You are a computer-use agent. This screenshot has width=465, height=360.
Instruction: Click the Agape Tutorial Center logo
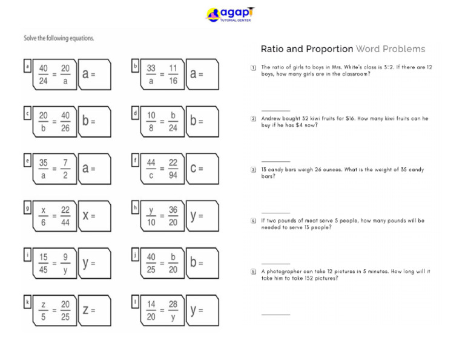230,15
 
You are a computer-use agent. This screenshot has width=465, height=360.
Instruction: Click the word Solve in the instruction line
32,38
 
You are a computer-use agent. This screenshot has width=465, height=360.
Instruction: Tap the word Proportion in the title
329,49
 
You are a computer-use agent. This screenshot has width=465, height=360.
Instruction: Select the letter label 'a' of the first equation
27,65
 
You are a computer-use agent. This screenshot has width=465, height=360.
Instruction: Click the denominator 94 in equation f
173,176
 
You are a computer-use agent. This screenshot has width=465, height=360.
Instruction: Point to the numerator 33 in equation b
151,68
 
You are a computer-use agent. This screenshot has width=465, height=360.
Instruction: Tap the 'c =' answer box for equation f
203,168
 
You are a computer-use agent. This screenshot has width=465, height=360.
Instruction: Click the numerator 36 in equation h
173,210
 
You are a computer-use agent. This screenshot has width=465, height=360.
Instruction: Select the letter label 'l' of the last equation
136,301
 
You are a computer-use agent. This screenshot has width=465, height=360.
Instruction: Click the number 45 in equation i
44,270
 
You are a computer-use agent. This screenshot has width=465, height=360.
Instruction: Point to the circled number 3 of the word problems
254,170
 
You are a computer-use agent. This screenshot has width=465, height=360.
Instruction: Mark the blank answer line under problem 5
275,315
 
